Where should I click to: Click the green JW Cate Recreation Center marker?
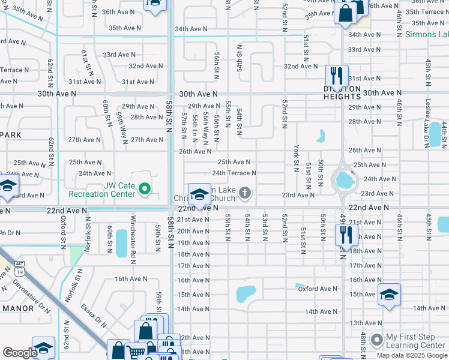point(144,190)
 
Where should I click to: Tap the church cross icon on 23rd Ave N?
point(244,193)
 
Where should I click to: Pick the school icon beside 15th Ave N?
point(388,295)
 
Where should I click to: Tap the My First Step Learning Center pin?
point(376,340)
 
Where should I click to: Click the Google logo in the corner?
point(20,353)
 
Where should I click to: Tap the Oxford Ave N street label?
point(318,289)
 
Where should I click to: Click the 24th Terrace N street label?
point(234,173)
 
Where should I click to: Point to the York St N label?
point(297,155)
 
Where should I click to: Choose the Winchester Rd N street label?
point(133,235)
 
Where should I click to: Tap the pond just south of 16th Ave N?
point(245,293)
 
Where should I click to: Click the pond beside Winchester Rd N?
point(121,243)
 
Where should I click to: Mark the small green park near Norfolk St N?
point(77,255)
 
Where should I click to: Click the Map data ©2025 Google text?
point(411,355)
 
